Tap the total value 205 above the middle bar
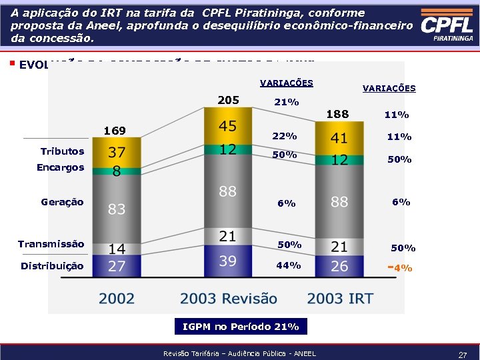click(228, 100)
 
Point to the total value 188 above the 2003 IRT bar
click(337, 114)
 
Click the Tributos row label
click(63, 151)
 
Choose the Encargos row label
click(61, 167)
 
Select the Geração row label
click(62, 201)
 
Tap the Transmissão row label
click(51, 243)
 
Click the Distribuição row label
click(52, 265)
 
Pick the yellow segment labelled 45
click(228, 127)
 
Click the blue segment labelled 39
click(228, 261)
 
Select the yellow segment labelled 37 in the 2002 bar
click(117, 153)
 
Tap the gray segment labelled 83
click(117, 209)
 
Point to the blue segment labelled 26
click(339, 265)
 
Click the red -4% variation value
click(400, 268)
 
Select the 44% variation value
click(288, 265)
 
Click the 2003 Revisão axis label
click(228, 299)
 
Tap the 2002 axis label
click(117, 299)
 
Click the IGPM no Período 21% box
click(241, 327)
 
